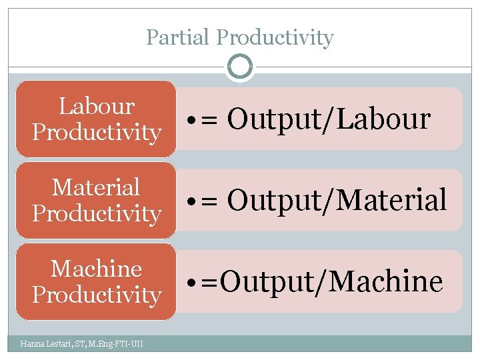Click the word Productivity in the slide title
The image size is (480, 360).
click(275, 38)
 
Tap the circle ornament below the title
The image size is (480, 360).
click(240, 67)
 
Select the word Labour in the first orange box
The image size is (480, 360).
click(97, 106)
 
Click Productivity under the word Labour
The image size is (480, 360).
click(97, 132)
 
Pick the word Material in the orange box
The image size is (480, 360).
click(97, 187)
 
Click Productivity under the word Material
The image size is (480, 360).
click(97, 213)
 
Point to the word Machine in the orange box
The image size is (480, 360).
click(97, 269)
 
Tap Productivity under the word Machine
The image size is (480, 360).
click(97, 295)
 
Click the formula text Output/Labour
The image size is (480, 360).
click(329, 119)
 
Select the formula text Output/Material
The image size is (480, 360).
click(337, 200)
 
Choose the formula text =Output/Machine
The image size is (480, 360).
click(322, 282)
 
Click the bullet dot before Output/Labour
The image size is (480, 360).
click(191, 121)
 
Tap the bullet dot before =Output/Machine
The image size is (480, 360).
click(191, 284)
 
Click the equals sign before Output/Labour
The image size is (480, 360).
click(210, 121)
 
